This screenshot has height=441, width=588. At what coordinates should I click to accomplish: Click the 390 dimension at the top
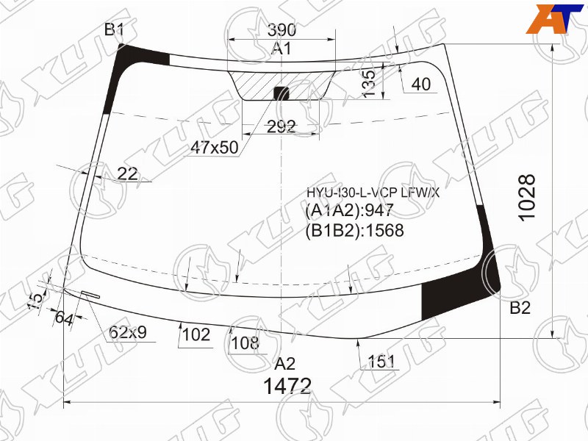(x=282, y=29)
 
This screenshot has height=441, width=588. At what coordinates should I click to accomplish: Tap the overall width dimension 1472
(x=287, y=386)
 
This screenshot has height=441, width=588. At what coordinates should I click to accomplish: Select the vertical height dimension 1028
(x=528, y=198)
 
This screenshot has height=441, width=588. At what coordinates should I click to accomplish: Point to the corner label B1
(x=114, y=29)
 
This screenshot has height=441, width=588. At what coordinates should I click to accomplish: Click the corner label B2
(x=520, y=308)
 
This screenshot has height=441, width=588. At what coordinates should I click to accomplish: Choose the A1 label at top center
(x=282, y=49)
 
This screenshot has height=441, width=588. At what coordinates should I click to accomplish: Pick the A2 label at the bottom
(x=285, y=363)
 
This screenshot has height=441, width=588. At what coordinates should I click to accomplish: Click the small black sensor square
(x=282, y=93)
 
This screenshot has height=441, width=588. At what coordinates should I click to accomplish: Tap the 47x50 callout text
(x=214, y=148)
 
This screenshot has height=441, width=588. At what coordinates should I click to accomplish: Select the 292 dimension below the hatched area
(x=282, y=127)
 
